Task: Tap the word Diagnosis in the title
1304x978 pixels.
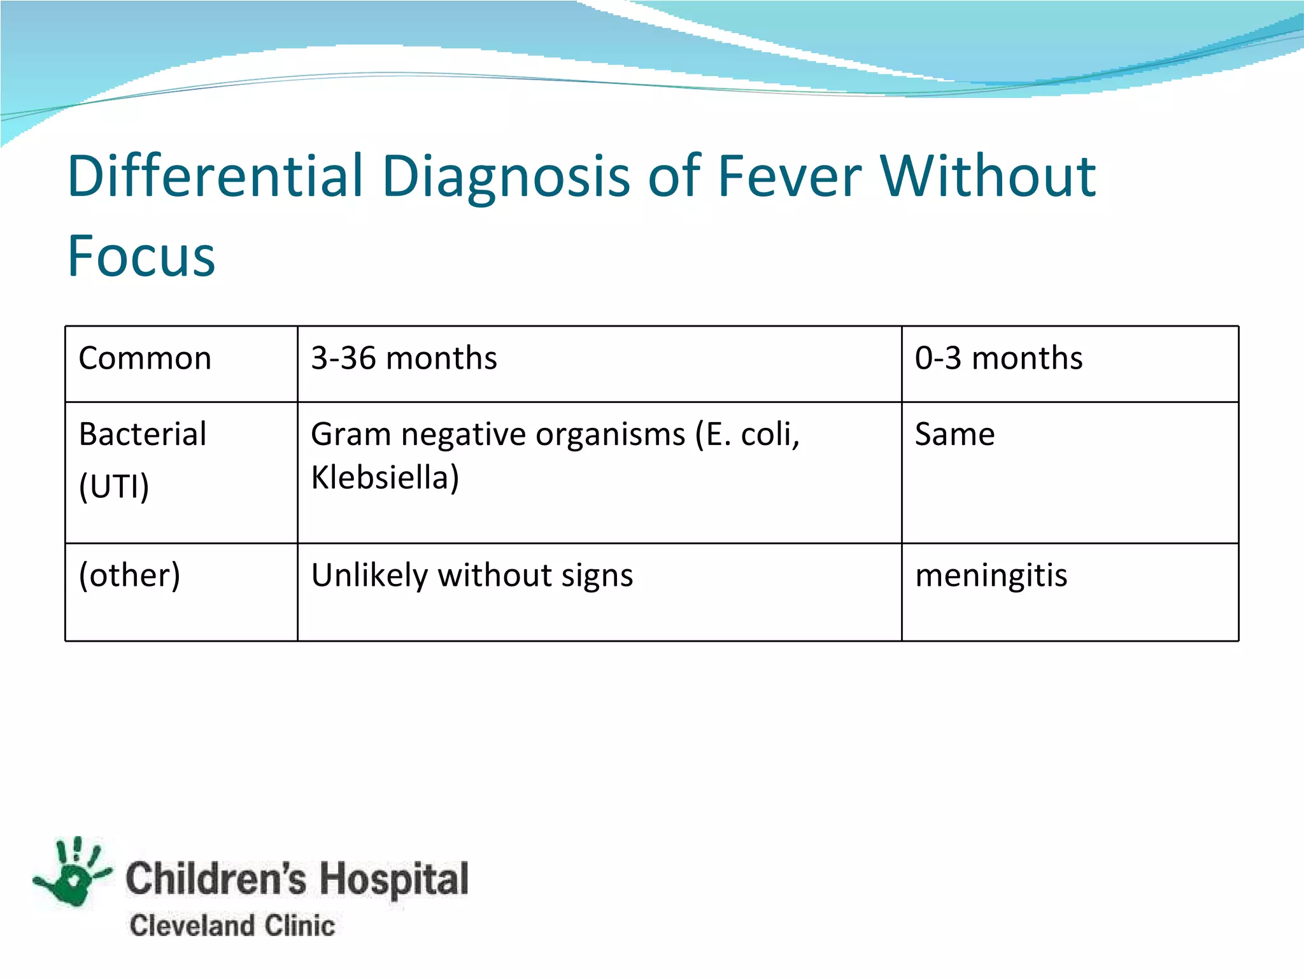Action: [x=506, y=176]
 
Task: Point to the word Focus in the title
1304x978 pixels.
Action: [x=141, y=256]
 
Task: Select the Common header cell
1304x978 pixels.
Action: [x=145, y=358]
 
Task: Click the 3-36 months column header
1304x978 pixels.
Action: [x=404, y=358]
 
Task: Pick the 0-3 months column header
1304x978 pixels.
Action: [x=998, y=358]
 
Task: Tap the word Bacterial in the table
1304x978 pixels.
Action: [x=143, y=434]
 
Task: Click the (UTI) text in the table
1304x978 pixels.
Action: [x=114, y=487]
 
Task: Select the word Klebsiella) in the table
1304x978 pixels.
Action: [x=385, y=478]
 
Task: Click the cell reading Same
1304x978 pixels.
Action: [x=954, y=434]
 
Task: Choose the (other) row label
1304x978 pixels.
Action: [x=129, y=575]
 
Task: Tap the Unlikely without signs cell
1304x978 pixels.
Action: [x=472, y=575]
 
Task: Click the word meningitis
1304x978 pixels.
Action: [x=991, y=575]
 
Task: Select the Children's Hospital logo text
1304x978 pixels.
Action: [x=297, y=879]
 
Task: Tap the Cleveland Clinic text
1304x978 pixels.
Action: [x=232, y=925]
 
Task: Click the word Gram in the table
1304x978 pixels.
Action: [x=350, y=434]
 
